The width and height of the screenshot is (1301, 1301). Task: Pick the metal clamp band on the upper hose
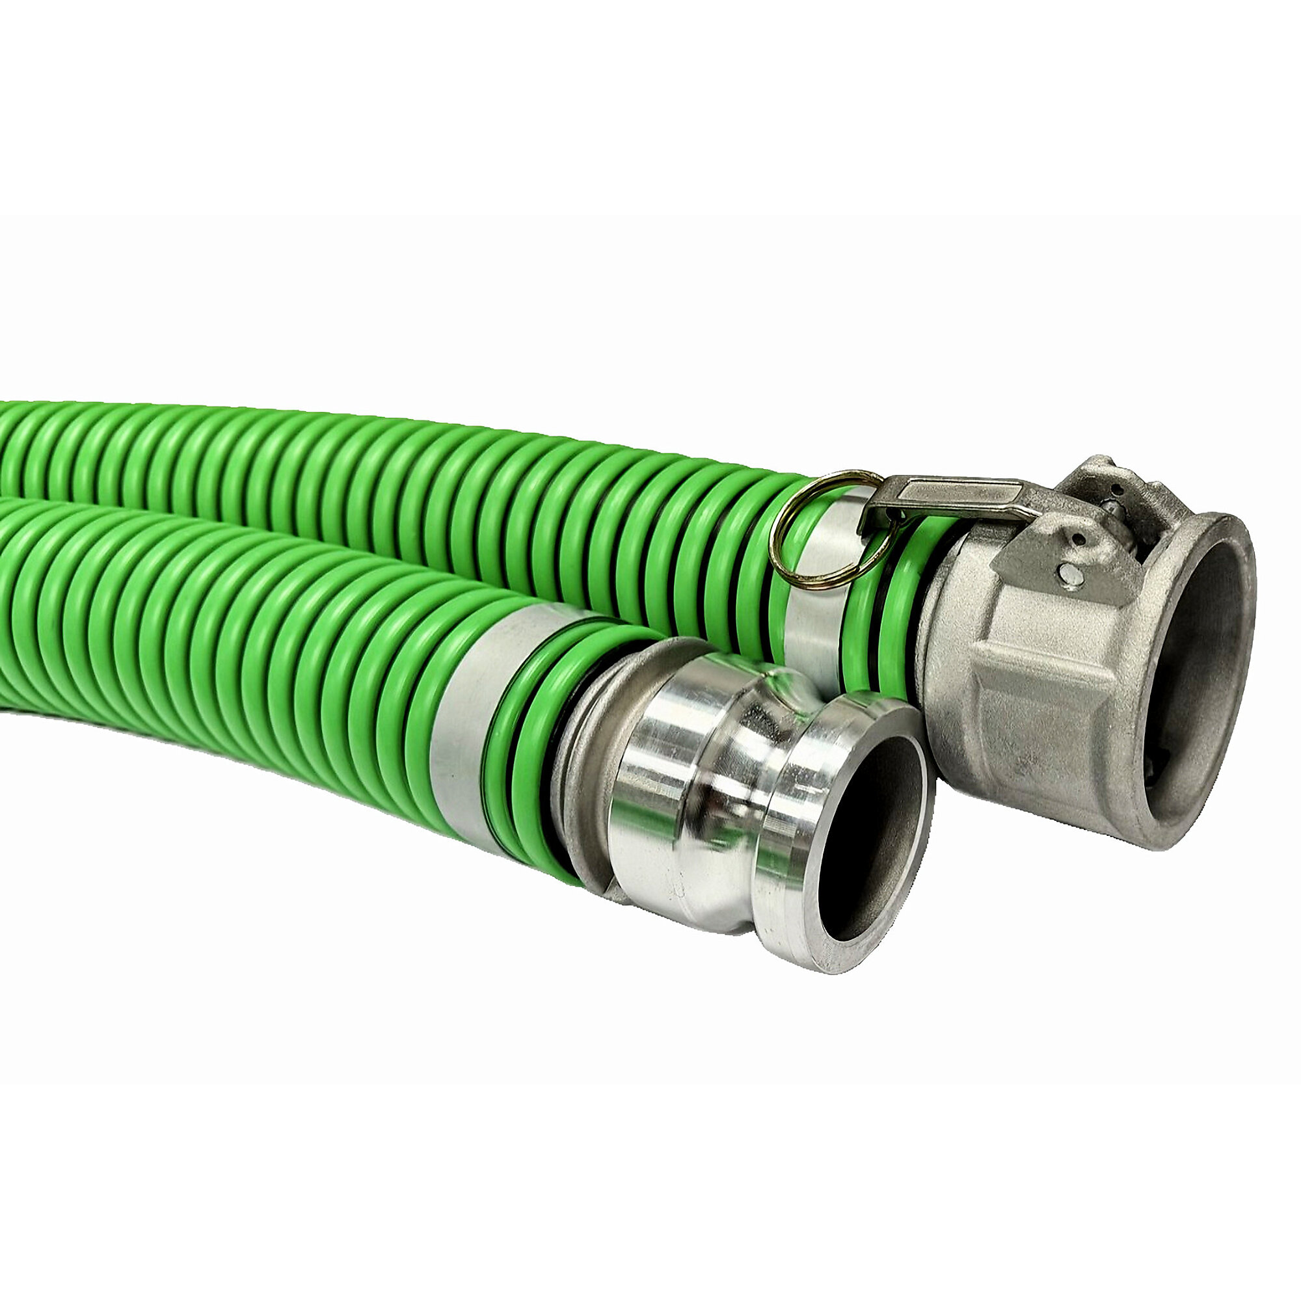click(818, 593)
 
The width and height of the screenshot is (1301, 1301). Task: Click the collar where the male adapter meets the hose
click(586, 774)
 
